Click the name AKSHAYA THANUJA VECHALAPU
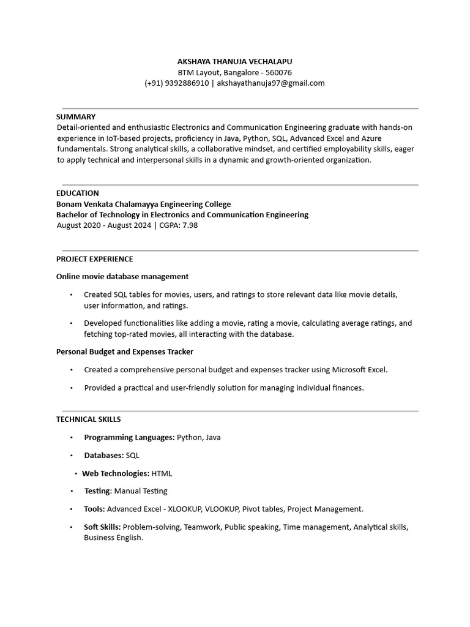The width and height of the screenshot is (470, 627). tap(235, 62)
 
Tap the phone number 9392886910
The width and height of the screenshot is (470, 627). tap(186, 83)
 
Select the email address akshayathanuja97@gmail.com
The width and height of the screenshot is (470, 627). tap(270, 83)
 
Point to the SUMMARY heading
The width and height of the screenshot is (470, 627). tap(76, 116)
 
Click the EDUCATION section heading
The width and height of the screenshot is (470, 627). tap(78, 193)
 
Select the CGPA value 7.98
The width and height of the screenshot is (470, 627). tap(190, 225)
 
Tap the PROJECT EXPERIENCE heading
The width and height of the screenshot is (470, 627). tap(94, 259)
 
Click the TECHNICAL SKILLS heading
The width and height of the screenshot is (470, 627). tap(88, 419)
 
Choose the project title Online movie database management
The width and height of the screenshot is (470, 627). tap(122, 277)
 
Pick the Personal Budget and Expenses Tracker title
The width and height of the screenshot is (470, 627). tap(125, 351)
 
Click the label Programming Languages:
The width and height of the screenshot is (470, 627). tap(129, 437)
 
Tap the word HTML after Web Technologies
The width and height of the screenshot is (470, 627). tap(162, 473)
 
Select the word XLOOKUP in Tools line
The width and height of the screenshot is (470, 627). tap(184, 509)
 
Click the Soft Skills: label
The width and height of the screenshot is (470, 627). tap(102, 527)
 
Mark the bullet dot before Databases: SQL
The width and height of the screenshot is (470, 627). tap(71, 456)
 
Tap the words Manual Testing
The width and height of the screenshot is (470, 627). tap(141, 491)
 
